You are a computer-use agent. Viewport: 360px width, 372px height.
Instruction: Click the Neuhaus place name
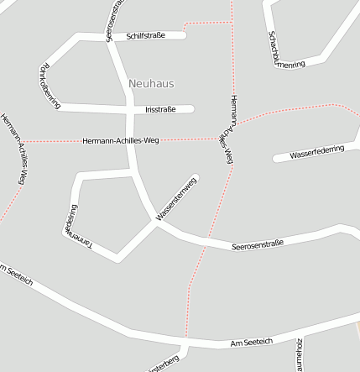point(152,83)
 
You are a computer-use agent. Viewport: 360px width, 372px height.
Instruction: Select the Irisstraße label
point(160,109)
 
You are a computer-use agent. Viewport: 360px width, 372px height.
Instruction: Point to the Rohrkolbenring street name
point(50,85)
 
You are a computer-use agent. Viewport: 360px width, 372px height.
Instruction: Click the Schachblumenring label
point(285,51)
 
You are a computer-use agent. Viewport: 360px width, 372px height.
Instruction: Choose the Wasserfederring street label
point(316,153)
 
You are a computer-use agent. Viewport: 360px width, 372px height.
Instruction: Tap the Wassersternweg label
point(176,200)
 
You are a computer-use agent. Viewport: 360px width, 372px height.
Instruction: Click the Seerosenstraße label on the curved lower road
point(257,244)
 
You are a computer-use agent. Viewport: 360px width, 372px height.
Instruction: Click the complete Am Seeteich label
point(252,343)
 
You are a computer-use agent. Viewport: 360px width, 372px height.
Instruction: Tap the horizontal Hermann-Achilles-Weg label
point(121,140)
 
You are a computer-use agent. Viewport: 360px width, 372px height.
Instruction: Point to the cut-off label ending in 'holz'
point(299,355)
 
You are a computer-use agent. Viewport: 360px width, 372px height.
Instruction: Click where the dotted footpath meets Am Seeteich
point(185,343)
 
